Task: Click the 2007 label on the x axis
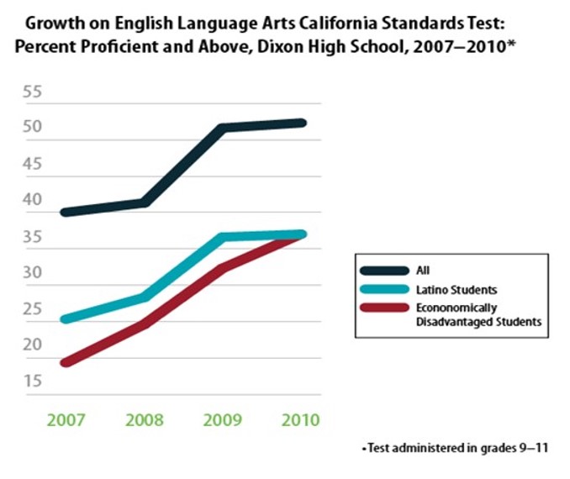coord(65,420)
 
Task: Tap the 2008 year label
coord(145,420)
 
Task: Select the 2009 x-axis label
coord(221,420)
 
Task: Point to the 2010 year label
coord(300,420)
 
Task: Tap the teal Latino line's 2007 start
coord(65,319)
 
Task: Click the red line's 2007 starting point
coord(65,363)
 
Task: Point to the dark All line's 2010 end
coord(301,123)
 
